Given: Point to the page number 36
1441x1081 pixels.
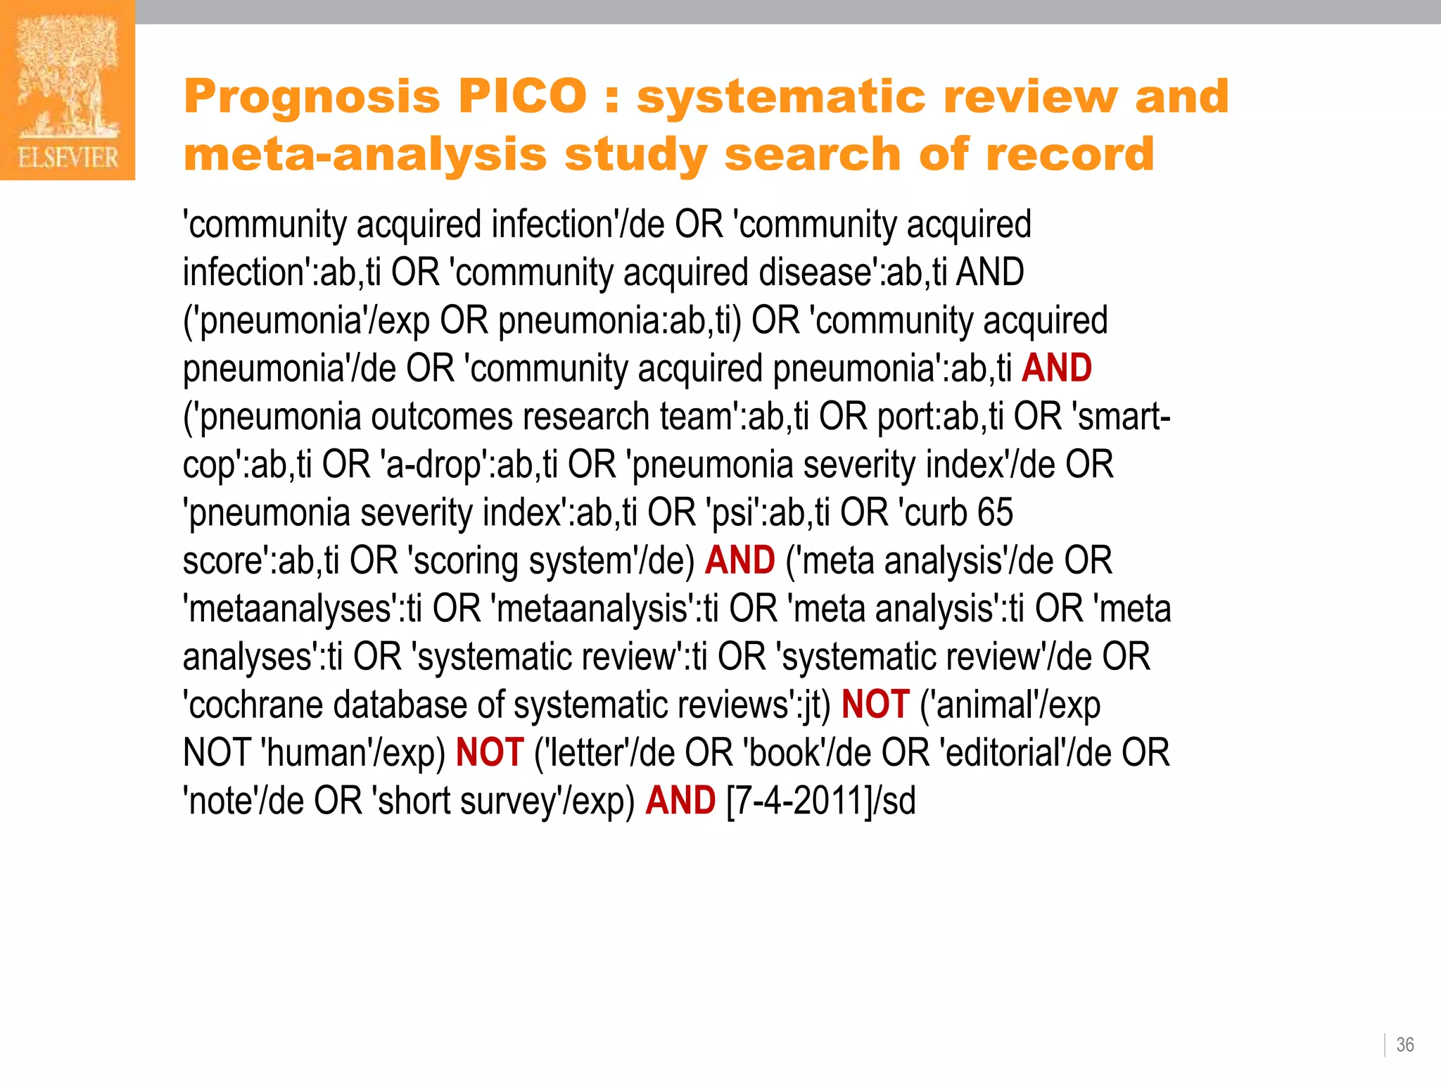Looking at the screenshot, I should [1404, 1044].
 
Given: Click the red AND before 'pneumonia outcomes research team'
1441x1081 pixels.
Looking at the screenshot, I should [1056, 368].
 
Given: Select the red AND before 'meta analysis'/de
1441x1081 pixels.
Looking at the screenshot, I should [739, 560].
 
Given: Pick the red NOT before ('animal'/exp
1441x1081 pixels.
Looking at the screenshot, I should [875, 704].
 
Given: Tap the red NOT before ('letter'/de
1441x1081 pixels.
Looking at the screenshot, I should [490, 752].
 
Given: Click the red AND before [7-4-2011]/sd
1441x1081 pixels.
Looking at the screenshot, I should [680, 801].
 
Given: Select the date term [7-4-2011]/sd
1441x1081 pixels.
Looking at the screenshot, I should [820, 801].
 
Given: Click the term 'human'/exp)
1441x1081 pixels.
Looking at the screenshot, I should [353, 752].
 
